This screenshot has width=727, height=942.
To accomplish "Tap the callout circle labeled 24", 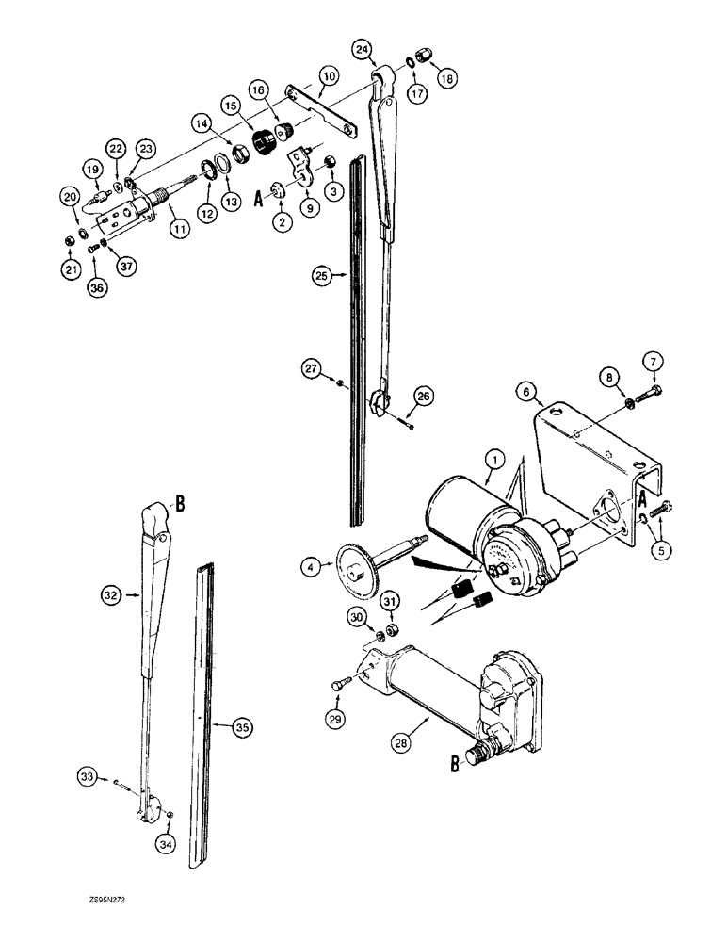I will (x=363, y=48).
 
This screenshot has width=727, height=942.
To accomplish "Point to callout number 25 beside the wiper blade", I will (x=322, y=276).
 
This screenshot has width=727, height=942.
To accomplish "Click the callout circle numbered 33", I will (x=87, y=776).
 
